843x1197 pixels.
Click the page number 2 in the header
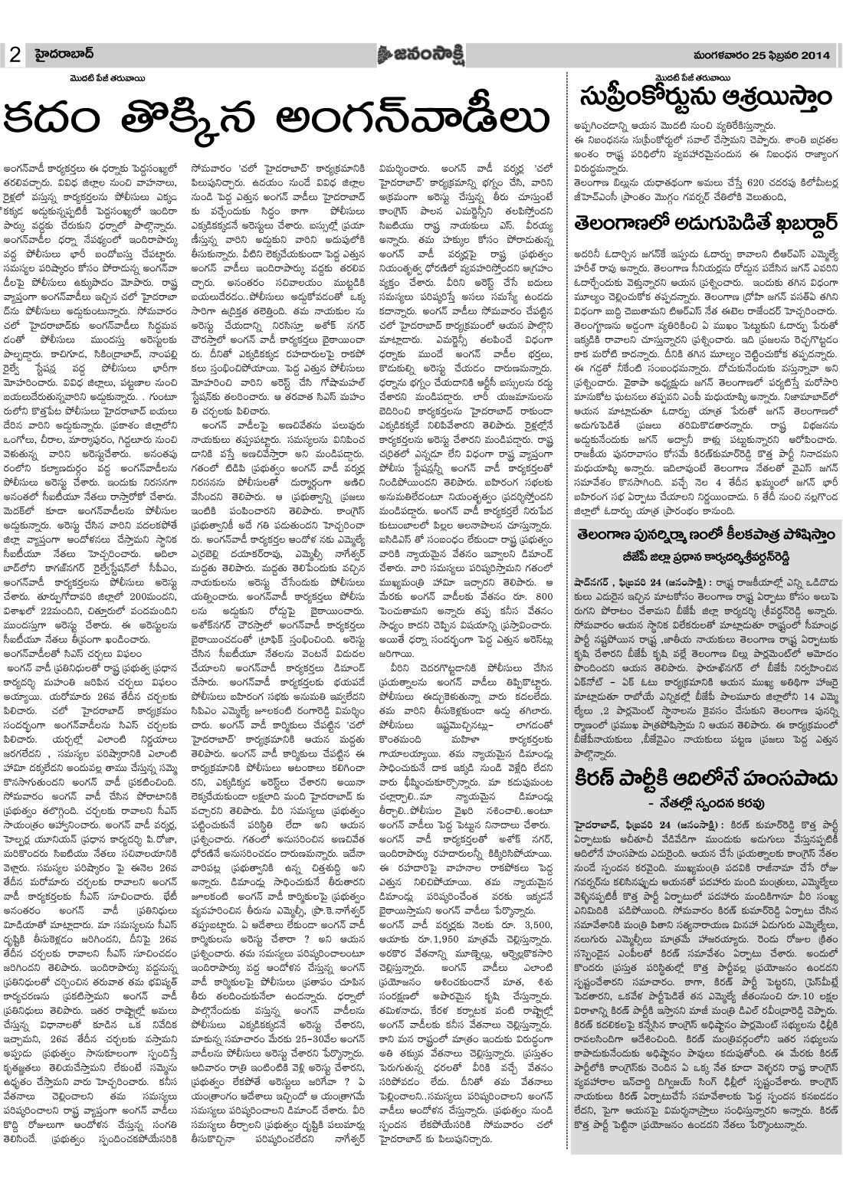pyautogui.click(x=15, y=55)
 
